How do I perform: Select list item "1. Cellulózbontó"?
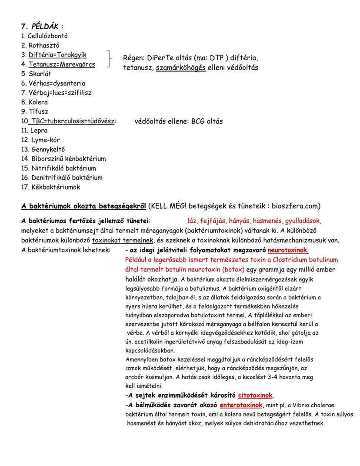click(x=44, y=36)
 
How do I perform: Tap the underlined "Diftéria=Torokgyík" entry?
click(x=57, y=55)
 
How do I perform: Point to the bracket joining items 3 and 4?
click(x=110, y=60)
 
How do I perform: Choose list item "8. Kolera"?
click(x=34, y=102)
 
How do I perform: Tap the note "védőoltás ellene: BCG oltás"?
click(x=179, y=121)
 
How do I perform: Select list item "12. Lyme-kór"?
click(x=40, y=140)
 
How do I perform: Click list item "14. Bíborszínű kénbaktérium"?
click(x=63, y=159)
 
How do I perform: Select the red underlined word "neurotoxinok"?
click(x=288, y=250)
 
